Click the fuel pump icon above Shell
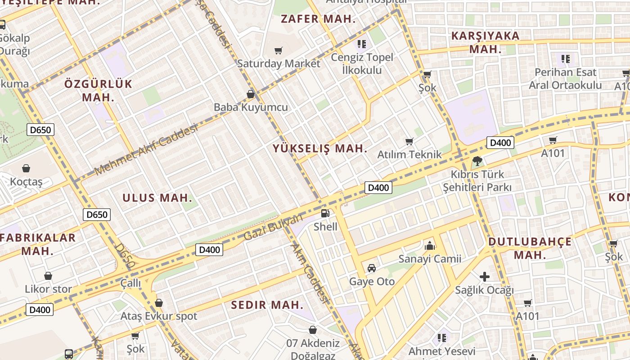coord(325,213)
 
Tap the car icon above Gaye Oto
coord(372,268)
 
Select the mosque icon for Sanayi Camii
coord(430,246)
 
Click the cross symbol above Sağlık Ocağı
coord(484,276)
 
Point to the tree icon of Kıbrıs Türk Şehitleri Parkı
coord(477,161)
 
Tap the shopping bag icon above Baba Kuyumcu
coord(251,94)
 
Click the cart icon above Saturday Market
coord(279,50)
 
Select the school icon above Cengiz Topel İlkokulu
coord(361,44)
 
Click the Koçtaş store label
coord(26,182)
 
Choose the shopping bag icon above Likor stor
coord(48,276)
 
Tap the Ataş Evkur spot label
coord(158,316)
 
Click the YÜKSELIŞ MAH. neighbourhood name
coord(320,148)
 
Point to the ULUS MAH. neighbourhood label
coord(157,198)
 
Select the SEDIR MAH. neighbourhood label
coord(267,305)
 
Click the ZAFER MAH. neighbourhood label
coord(318,19)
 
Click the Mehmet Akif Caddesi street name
coord(146,150)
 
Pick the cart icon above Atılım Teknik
coord(409,142)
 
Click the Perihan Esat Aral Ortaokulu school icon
coord(566,58)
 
